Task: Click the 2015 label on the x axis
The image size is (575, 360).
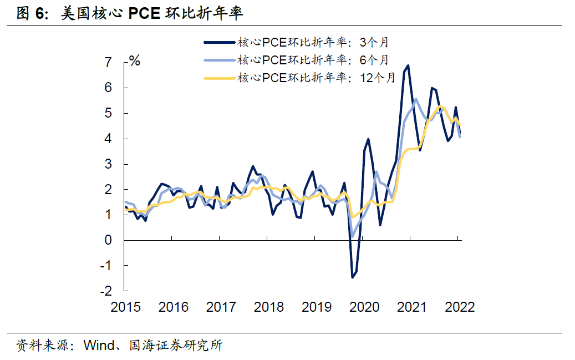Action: point(126,307)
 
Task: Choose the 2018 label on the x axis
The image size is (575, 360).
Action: point(268,307)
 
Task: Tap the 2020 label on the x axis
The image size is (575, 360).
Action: point(364,307)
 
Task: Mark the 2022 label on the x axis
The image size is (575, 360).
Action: point(460,307)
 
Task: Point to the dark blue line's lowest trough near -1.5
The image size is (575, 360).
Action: point(352,277)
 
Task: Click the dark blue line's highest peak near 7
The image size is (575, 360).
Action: point(408,65)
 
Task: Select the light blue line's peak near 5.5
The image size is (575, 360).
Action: point(416,99)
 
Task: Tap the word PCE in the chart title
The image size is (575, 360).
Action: point(145,13)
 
